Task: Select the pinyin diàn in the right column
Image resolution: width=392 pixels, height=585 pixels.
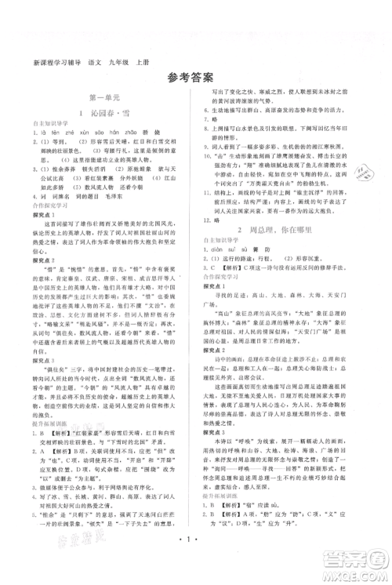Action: point(216,292)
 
